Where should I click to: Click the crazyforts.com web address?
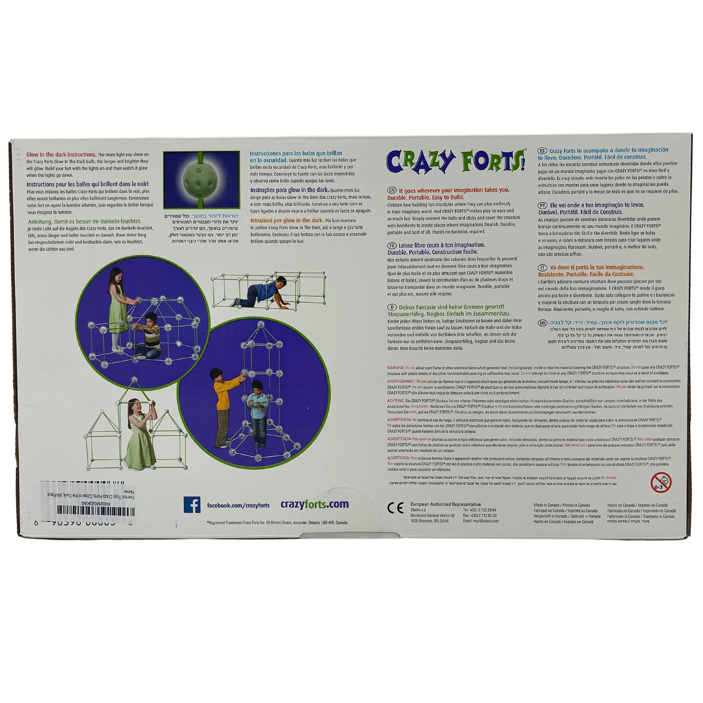click(x=314, y=504)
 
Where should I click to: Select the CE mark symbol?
click(x=395, y=508)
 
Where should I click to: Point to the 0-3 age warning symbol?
click(x=661, y=483)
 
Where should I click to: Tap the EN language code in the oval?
click(x=392, y=190)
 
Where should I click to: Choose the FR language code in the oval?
click(x=392, y=245)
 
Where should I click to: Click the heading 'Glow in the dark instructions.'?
click(x=61, y=155)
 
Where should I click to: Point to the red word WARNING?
click(x=395, y=368)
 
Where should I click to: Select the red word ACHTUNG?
click(x=395, y=401)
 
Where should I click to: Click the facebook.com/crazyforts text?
click(x=238, y=505)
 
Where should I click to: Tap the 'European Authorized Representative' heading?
click(x=446, y=504)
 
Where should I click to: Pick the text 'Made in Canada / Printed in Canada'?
click(x=561, y=505)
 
